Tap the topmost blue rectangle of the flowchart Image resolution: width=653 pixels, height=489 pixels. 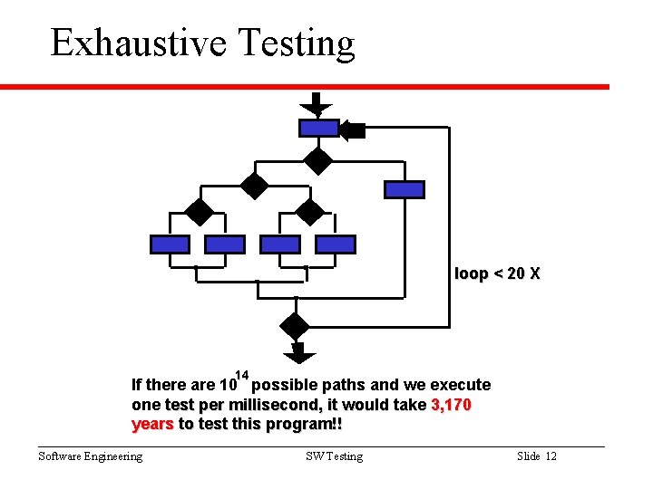coord(318,128)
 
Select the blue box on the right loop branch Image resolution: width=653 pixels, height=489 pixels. coord(404,189)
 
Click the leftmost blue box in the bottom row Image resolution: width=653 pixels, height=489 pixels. coord(170,244)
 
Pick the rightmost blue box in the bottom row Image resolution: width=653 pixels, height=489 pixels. coord(336,244)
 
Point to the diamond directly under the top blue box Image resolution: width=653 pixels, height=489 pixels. coord(318,160)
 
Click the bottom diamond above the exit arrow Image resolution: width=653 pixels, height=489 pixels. coord(295,325)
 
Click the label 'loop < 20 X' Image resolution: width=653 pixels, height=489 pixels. coord(497,273)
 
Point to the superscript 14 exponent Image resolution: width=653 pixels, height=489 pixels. coord(242,375)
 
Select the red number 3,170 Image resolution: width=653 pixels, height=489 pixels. coord(451,405)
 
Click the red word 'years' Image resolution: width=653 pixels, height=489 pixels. coord(152,424)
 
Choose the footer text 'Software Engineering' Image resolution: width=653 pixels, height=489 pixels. coord(90,456)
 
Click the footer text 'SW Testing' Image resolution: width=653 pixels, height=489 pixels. coord(334,456)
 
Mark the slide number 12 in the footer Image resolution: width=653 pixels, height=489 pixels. coord(551,456)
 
